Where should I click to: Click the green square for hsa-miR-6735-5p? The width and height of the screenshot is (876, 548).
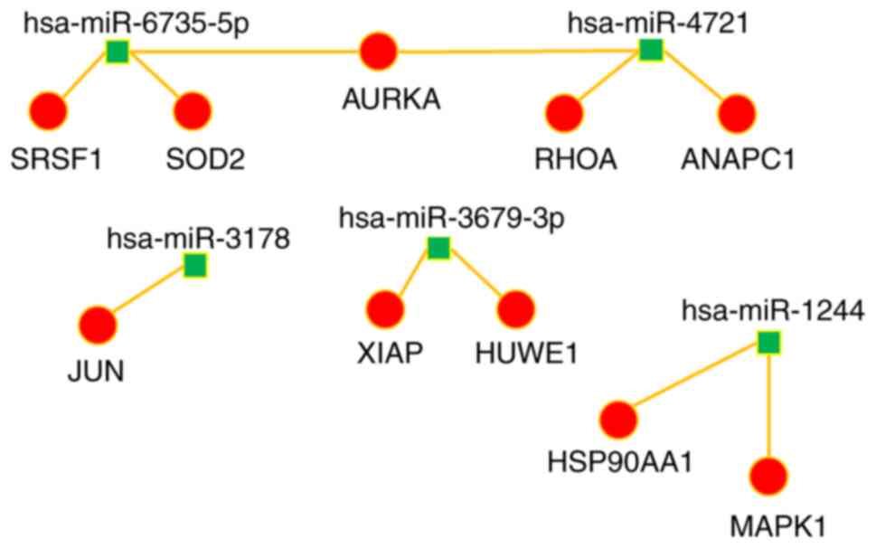117,52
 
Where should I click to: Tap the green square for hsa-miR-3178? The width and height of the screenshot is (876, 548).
195,265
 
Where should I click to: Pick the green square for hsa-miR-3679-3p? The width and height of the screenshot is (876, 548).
438,247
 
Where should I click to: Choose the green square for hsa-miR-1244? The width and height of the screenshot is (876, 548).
768,343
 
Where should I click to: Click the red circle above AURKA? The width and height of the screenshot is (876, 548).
379,51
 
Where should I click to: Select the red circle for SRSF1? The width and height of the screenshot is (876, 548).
48,112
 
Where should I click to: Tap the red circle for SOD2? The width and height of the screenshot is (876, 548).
192,112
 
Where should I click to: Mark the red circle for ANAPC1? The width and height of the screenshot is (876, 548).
737,114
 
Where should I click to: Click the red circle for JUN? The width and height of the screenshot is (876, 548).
98,325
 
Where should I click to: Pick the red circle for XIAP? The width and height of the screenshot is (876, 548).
384,308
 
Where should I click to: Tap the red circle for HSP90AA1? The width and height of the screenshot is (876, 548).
619,420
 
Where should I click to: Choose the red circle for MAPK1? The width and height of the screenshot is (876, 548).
768,476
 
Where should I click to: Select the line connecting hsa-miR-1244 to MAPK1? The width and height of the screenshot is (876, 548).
768,407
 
